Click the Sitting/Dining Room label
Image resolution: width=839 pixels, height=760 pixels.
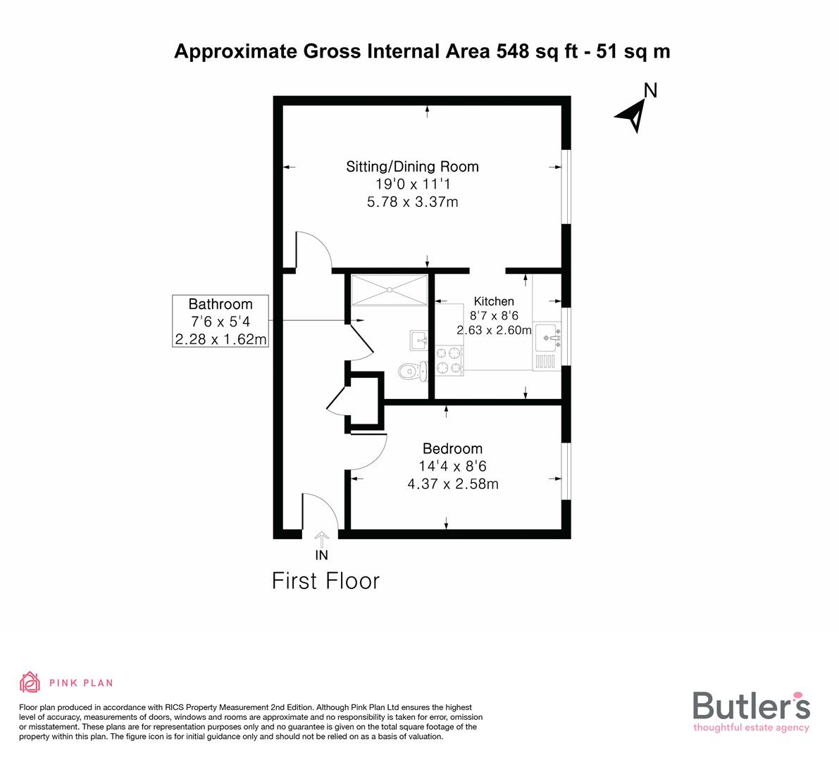pyautogui.click(x=412, y=167)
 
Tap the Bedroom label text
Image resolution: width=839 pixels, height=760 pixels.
pyautogui.click(x=452, y=448)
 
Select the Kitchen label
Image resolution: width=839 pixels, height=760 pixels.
pyautogui.click(x=493, y=301)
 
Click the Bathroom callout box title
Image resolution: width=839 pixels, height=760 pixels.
pyautogui.click(x=220, y=304)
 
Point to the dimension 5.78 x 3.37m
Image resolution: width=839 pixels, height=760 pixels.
pyautogui.click(x=412, y=203)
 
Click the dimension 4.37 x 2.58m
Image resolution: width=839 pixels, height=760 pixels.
pyautogui.click(x=452, y=484)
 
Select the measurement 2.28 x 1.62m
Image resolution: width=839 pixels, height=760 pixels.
pyautogui.click(x=220, y=340)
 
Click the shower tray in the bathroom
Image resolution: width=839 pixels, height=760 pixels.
pyautogui.click(x=390, y=290)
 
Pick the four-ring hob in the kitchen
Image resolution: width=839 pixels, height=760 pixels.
pyautogui.click(x=450, y=359)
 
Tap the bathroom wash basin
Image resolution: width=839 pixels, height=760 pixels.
pyautogui.click(x=419, y=341)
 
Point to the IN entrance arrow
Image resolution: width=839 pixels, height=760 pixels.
pyautogui.click(x=321, y=540)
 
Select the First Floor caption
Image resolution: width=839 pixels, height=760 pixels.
pyautogui.click(x=325, y=581)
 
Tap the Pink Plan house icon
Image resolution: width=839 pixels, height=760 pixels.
pyautogui.click(x=30, y=682)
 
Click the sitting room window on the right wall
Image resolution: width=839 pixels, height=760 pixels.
pyautogui.click(x=566, y=186)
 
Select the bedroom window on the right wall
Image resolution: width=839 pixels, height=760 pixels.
pyautogui.click(x=566, y=471)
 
